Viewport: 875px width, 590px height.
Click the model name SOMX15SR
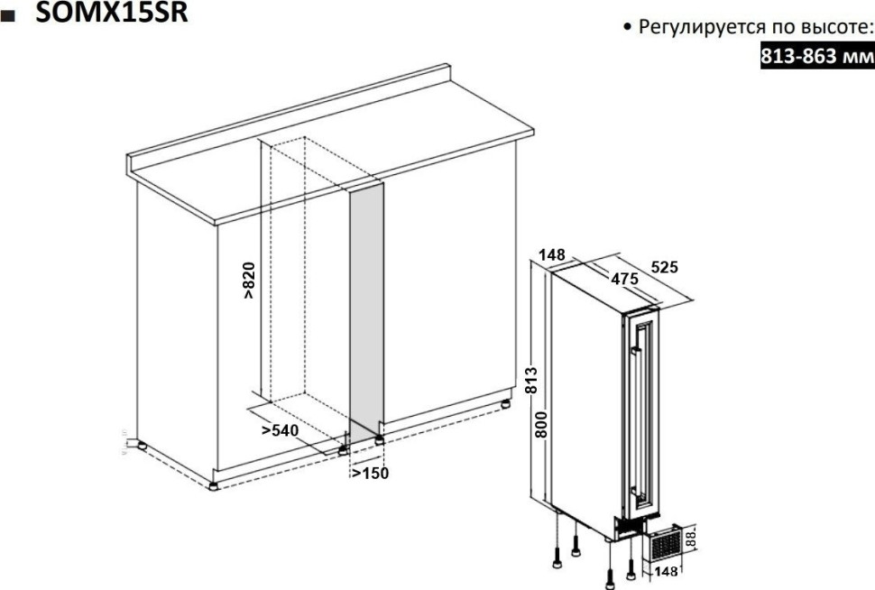point(112,12)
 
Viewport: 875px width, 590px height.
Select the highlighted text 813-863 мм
point(817,56)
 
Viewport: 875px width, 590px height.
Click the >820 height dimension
point(249,281)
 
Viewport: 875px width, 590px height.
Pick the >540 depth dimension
point(281,430)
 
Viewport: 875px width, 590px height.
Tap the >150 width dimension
point(370,473)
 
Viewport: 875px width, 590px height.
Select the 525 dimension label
point(665,267)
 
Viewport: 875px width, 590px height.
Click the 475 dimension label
point(624,278)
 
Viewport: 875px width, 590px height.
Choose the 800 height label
point(540,424)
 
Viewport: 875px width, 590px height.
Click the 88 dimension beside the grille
point(691,539)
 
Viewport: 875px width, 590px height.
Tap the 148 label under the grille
point(666,571)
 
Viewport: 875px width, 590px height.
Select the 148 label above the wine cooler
point(552,255)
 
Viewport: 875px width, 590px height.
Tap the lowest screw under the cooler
point(610,578)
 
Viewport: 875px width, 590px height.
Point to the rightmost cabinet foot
point(505,404)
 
